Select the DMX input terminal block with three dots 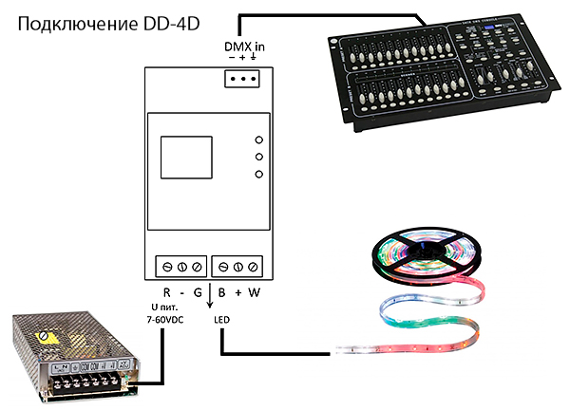[245, 80]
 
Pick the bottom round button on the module [257, 174]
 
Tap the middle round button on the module [257, 156]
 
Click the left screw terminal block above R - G [180, 265]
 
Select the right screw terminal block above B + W [237, 265]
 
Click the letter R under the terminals [165, 293]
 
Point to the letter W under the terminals [254, 293]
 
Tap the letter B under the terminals [221, 293]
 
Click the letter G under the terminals [198, 293]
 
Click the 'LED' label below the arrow [221, 320]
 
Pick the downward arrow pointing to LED [210, 302]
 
